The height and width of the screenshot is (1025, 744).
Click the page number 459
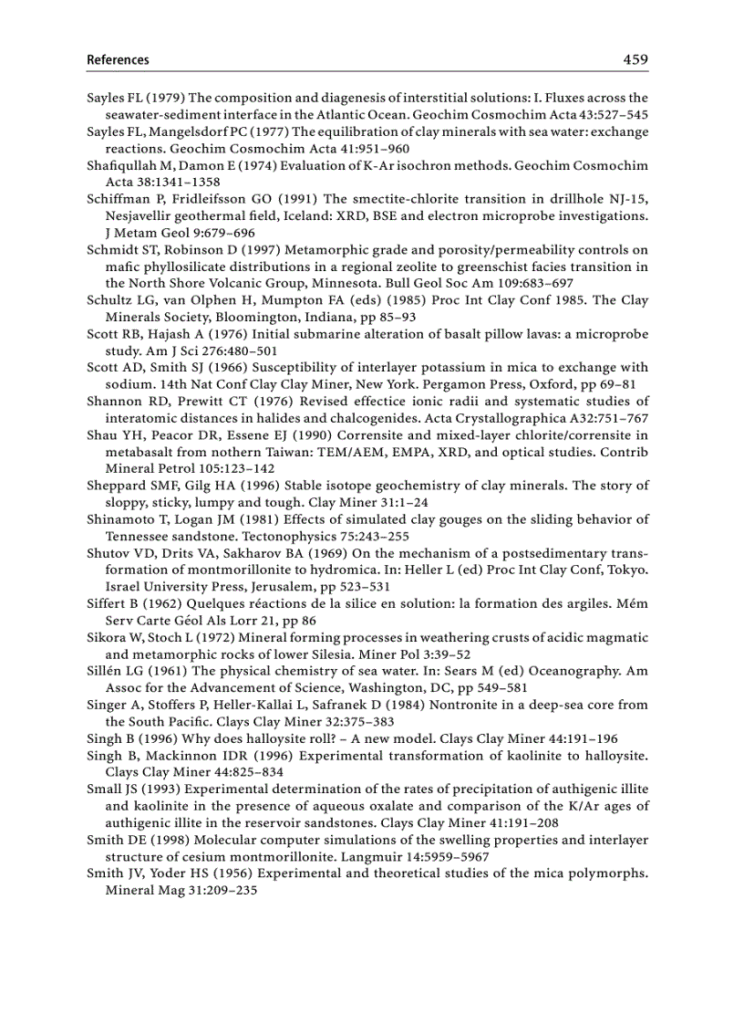635,60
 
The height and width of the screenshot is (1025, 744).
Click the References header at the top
118,60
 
